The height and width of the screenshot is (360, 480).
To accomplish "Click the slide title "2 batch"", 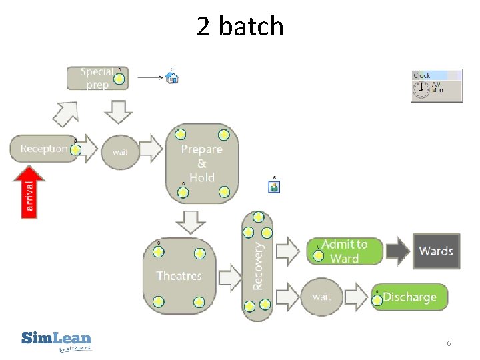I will [240, 27].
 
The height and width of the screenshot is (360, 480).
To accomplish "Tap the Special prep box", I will [97, 78].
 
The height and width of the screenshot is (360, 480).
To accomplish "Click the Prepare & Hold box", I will [202, 163].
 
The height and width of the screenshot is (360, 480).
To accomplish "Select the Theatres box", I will [179, 275].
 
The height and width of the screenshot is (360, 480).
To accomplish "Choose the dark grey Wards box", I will [436, 251].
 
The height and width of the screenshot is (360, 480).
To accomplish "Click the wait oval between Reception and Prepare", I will [120, 151].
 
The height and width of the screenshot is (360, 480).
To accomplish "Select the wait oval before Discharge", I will [322, 297].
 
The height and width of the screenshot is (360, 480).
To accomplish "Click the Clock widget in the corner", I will [437, 85].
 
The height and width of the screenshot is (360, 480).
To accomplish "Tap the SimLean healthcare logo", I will [57, 340].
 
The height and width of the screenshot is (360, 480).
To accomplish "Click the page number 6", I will [449, 343].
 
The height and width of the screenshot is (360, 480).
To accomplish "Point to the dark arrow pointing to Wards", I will [397, 251].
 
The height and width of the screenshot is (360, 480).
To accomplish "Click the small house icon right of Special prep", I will [173, 77].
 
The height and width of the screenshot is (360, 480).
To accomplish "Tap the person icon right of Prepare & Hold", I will [274, 186].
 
